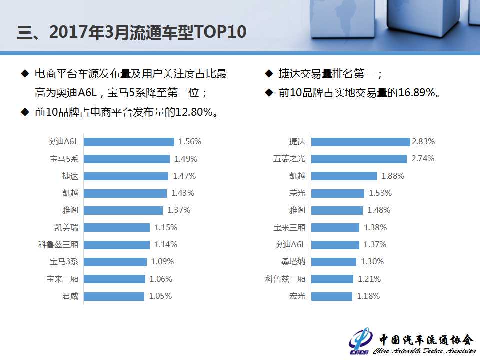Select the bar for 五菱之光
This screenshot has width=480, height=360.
pyautogui.click(x=359, y=159)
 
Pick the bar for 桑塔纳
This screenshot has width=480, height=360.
pyautogui.click(x=333, y=262)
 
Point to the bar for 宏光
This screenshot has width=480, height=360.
pyautogui.click(x=331, y=296)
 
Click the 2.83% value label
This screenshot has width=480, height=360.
pyautogui.click(x=423, y=142)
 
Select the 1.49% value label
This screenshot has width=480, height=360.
pyautogui.click(x=186, y=159)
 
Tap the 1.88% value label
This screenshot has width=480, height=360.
pyautogui.click(x=392, y=176)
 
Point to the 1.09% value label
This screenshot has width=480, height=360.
pyautogui.click(x=162, y=262)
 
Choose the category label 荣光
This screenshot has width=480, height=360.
pyautogui.click(x=297, y=193)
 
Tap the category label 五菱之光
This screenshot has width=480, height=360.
pyautogui.click(x=289, y=159)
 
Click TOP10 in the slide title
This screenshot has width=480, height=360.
pyautogui.click(x=220, y=32)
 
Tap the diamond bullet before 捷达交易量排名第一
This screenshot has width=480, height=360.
pyautogui.click(x=269, y=74)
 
